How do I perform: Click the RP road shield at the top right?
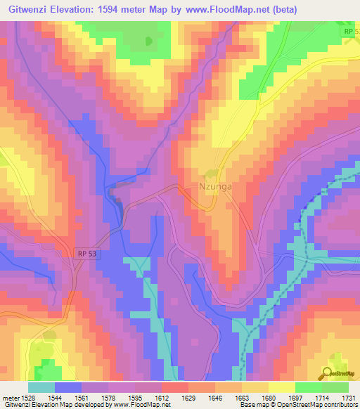point(350,32)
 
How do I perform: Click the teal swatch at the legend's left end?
point(41,387)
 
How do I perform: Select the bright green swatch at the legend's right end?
point(335,387)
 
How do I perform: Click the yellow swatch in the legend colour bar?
point(281,387)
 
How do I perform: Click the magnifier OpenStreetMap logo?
point(336,374)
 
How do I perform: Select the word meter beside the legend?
point(15,397)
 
